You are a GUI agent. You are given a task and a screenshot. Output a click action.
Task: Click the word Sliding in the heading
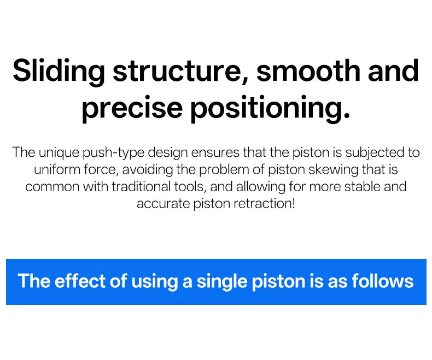click(59, 71)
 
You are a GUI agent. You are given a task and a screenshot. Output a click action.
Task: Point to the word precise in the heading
click(132, 109)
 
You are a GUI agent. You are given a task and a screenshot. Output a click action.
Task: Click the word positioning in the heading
click(270, 109)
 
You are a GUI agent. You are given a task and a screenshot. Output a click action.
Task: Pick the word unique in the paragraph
click(59, 153)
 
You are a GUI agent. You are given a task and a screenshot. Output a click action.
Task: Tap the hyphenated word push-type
click(114, 153)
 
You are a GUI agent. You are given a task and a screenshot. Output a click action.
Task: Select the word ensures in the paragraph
click(215, 153)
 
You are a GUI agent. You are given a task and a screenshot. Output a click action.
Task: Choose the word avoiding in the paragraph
click(148, 170)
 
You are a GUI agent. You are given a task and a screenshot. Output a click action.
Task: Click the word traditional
click(141, 187)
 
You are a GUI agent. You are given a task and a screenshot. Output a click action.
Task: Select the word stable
click(363, 187)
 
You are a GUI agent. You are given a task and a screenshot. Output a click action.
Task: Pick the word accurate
click(164, 204)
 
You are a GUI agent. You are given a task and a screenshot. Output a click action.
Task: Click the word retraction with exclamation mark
click(265, 204)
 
